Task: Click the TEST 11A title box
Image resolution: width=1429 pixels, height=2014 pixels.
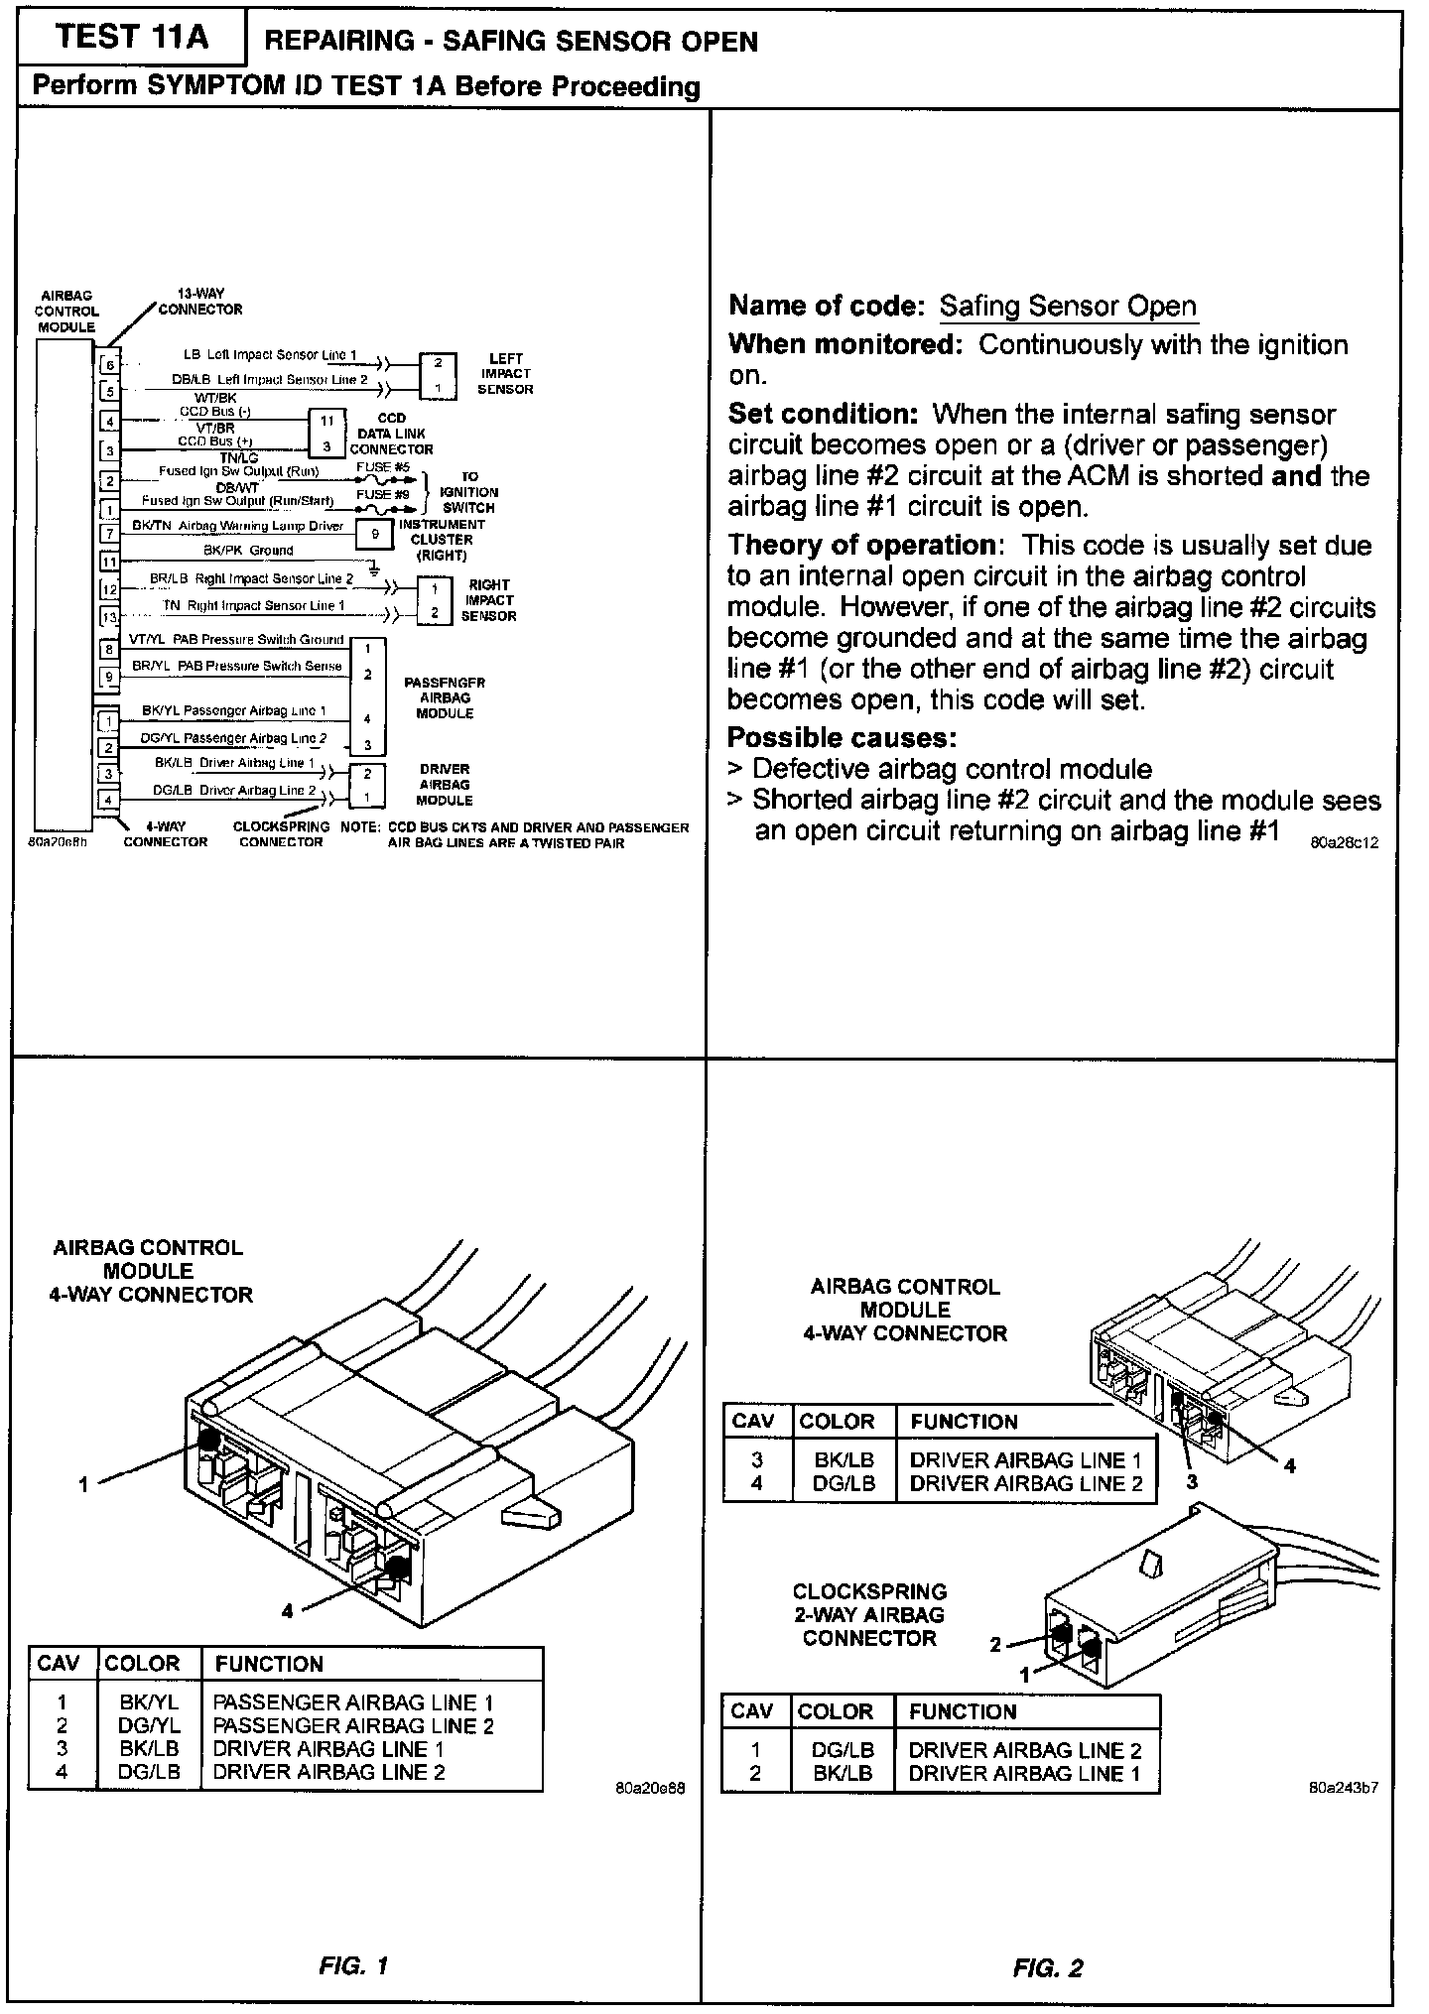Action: click(x=133, y=38)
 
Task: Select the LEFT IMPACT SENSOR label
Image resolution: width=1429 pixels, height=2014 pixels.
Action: click(x=505, y=374)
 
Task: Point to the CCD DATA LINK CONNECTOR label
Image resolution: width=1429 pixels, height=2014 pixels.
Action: click(x=391, y=434)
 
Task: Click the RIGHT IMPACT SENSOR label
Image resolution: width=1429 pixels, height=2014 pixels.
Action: click(x=488, y=600)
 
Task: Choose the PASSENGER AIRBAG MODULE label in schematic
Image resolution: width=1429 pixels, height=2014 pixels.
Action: click(x=445, y=698)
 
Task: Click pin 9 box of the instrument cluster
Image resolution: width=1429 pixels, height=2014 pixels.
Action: click(x=375, y=534)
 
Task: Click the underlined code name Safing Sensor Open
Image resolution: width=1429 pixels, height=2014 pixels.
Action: click(x=1068, y=306)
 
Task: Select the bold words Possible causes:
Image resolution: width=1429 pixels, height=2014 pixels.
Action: click(x=842, y=738)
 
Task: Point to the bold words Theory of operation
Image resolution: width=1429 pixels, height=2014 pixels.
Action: click(x=861, y=546)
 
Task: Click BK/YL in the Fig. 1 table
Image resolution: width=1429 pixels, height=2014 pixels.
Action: click(x=149, y=1701)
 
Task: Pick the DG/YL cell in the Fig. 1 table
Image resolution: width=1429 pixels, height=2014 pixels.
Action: click(x=149, y=1725)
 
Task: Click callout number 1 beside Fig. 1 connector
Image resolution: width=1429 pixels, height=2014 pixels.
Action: click(x=83, y=1484)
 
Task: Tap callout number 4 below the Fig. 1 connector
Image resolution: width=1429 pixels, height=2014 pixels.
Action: click(x=287, y=1611)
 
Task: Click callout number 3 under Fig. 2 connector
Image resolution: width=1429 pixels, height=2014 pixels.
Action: click(x=1192, y=1481)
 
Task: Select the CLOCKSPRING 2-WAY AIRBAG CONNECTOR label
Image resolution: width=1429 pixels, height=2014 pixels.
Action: click(x=869, y=1615)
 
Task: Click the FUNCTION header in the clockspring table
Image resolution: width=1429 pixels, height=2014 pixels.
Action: click(x=963, y=1711)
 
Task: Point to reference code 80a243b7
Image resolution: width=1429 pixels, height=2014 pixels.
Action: click(x=1344, y=1789)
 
